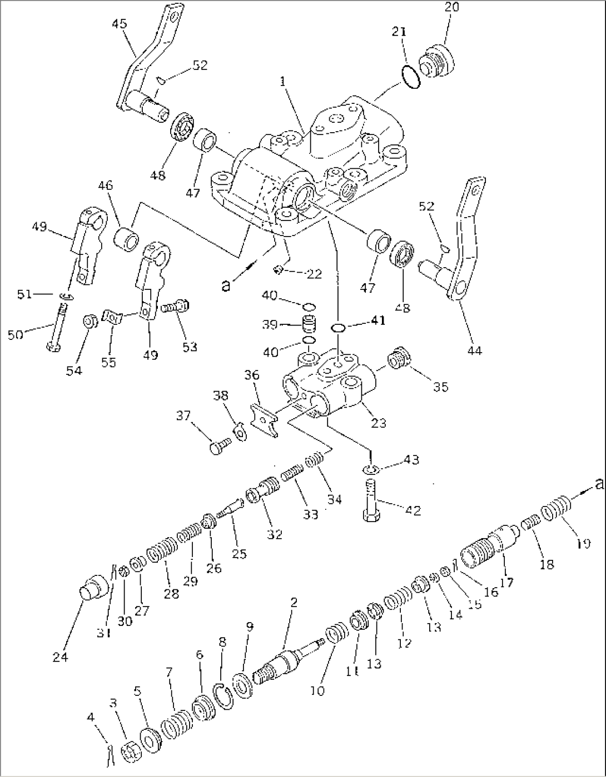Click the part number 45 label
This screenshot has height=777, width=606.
[x=119, y=24]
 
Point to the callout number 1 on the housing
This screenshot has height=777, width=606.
[x=283, y=82]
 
